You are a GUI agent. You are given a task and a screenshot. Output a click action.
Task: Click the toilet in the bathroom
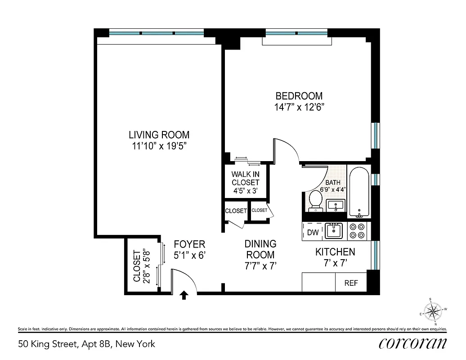[315, 200]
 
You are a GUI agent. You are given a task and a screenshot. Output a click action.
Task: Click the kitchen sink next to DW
[334, 231]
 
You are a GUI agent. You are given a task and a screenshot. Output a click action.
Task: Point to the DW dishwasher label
[313, 233]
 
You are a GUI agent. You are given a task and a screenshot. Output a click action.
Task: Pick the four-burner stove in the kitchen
[358, 231]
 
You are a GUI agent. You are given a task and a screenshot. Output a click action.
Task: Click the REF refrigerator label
[351, 283]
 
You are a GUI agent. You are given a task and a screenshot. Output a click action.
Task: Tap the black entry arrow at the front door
[184, 295]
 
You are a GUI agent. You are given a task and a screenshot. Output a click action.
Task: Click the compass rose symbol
[434, 310]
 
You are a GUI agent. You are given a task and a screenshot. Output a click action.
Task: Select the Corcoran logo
[412, 343]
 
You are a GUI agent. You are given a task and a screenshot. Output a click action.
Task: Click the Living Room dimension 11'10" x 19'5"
[159, 146]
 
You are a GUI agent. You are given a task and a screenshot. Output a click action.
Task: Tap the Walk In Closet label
[245, 178]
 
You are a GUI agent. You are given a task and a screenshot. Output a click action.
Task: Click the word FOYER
[189, 244]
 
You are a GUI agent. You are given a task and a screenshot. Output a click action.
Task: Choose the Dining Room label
[260, 249]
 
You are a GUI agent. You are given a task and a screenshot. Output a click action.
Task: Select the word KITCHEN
[335, 252]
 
